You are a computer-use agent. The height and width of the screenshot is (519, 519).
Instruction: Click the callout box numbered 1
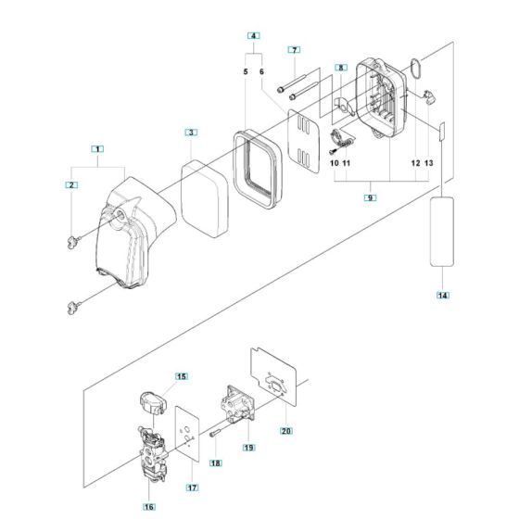pos(98,148)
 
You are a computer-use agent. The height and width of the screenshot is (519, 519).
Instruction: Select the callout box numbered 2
pos(70,186)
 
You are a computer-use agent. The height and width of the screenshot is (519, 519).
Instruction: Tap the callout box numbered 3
pos(190,133)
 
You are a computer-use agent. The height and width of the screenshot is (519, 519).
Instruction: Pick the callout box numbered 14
pos(443,295)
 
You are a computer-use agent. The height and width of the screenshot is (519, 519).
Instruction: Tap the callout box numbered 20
pos(285,430)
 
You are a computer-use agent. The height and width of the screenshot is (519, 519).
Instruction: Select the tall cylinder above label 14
pos(443,232)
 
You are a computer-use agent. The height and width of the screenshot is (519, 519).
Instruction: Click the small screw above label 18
pos(215,431)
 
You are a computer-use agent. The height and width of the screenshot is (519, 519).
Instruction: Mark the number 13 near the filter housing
pos(429,163)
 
